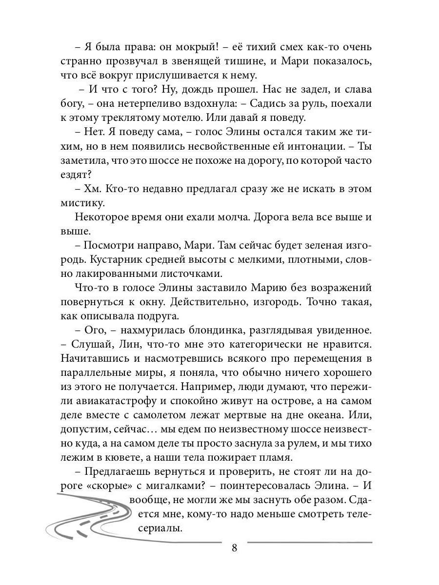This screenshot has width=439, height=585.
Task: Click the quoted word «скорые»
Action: [112, 486]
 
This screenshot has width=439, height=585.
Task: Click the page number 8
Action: [234, 547]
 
